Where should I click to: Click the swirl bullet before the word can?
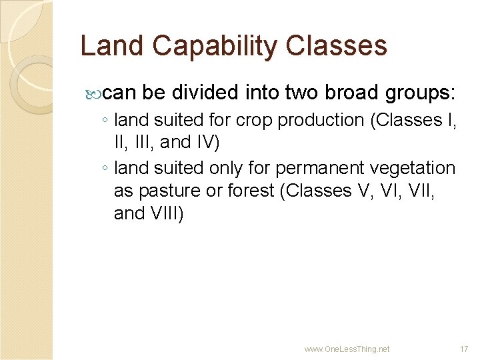[x=94, y=93]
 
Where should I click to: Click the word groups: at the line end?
[x=417, y=92]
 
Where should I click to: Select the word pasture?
[x=168, y=191]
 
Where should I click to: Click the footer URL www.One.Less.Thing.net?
[x=347, y=349]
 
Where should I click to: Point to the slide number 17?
[x=464, y=349]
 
